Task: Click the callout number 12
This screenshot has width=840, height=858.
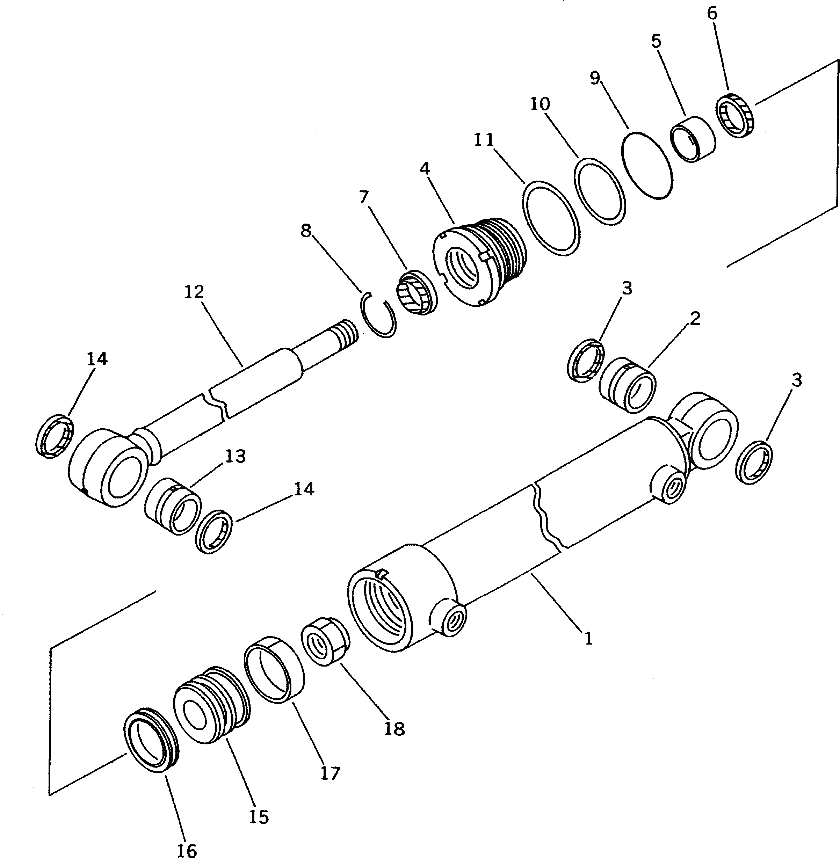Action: point(194,292)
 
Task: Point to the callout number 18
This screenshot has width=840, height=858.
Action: point(394,729)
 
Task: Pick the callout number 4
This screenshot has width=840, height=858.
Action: point(425,168)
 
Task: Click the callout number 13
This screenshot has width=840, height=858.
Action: point(235,456)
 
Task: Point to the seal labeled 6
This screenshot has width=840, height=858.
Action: point(736,115)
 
